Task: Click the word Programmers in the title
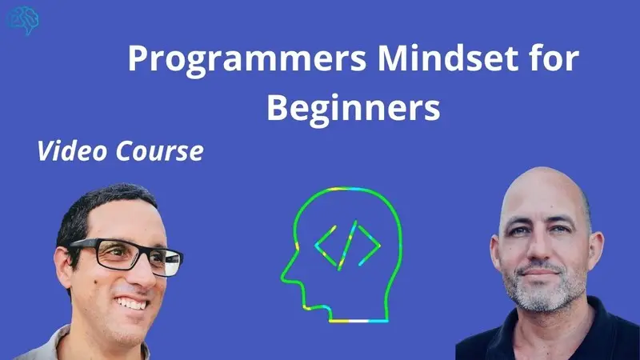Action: tap(247, 60)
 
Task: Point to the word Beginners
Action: tap(354, 109)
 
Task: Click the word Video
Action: tap(72, 150)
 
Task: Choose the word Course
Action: tap(159, 151)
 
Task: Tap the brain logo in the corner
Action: tap(23, 20)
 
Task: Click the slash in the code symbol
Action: tap(347, 246)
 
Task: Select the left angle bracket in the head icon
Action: tap(326, 246)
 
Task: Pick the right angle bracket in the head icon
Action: tap(370, 246)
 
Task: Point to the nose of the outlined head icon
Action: tap(285, 277)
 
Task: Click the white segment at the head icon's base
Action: tap(359, 321)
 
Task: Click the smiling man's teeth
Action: tap(131, 303)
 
